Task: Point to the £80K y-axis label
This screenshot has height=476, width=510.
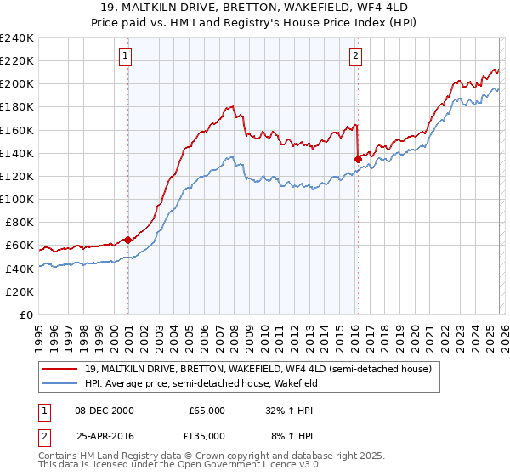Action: (x=19, y=223)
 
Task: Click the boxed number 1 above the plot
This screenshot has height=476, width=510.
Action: (x=125, y=56)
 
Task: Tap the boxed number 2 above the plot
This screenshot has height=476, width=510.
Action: (x=354, y=56)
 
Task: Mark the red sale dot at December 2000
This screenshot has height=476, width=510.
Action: (x=127, y=240)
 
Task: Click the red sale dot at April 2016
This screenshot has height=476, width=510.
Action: (x=358, y=158)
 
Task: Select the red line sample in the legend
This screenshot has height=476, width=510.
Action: (x=60, y=369)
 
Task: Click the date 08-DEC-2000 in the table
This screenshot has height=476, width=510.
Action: (x=105, y=410)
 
